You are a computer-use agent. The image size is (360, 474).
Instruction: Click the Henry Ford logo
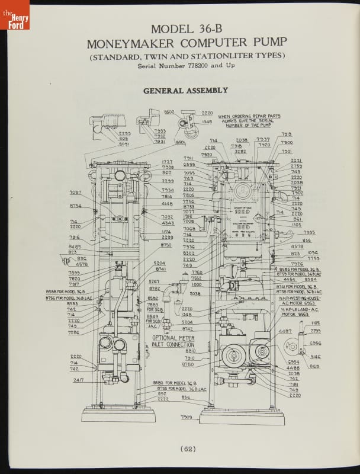click(14, 15)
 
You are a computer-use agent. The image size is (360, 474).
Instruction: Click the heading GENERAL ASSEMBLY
click(185, 91)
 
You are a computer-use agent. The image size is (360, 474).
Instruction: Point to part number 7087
click(75, 192)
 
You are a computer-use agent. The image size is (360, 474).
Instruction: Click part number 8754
click(75, 206)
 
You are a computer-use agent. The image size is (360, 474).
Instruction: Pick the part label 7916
click(75, 237)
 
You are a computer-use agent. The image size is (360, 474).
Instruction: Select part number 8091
click(123, 144)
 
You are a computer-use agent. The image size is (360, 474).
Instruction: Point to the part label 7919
click(287, 134)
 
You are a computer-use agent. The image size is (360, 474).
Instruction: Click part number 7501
click(287, 151)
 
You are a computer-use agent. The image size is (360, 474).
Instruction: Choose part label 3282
click(240, 151)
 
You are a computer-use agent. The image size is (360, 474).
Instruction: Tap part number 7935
click(309, 233)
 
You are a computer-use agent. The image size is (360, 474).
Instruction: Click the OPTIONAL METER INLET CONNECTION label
click(173, 341)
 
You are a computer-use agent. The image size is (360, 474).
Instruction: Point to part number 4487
click(285, 331)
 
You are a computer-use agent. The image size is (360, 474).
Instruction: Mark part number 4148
click(168, 203)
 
